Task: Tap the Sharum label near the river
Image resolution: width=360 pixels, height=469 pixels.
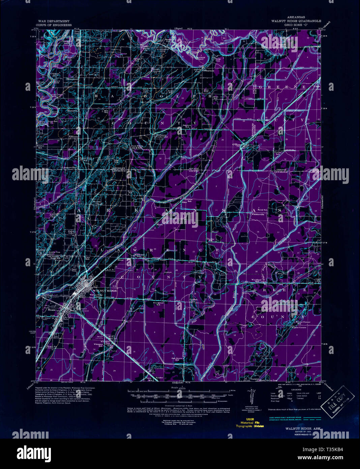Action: pyautogui.click(x=208, y=71)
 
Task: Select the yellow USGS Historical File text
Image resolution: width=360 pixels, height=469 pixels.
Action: pyautogui.click(x=250, y=423)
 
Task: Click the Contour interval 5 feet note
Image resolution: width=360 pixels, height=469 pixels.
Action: pyautogui.click(x=179, y=406)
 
